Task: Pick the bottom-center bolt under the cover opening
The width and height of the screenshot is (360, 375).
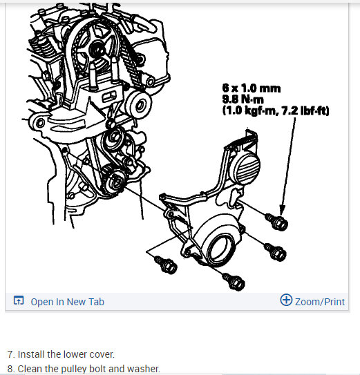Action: tap(234, 280)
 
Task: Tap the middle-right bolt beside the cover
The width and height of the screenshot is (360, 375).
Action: tap(276, 253)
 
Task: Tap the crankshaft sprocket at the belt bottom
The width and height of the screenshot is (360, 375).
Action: tap(118, 182)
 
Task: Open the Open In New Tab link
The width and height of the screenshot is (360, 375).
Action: tap(68, 301)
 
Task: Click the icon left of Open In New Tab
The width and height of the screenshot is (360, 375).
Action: tap(18, 301)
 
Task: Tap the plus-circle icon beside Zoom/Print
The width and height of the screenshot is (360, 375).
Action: tap(286, 300)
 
